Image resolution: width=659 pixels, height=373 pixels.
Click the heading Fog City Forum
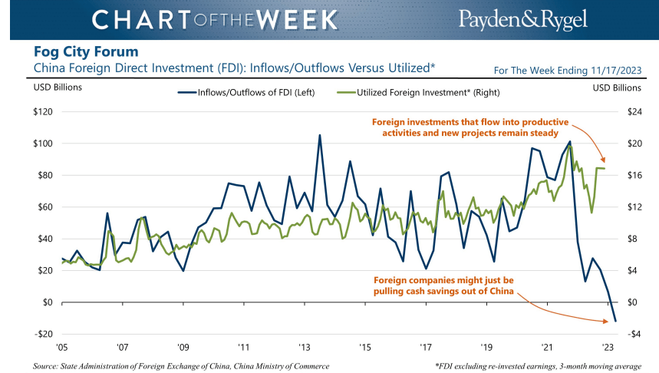click(86, 52)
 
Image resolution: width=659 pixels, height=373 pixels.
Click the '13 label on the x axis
click(304, 345)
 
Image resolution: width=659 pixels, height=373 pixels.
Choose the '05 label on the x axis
click(61, 345)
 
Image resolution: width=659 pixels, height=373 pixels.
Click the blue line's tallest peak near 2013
click(319, 135)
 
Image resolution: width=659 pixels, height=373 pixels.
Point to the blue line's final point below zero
click(615, 321)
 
